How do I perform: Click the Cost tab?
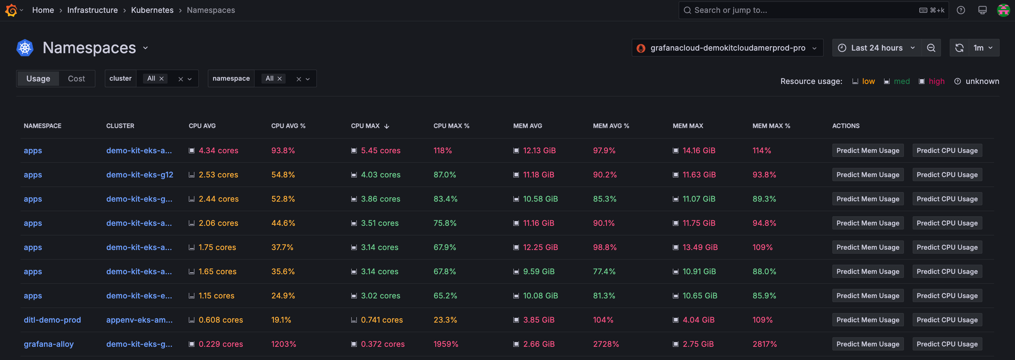pos(76,79)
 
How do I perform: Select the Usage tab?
pos(38,79)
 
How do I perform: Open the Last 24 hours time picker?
pos(876,48)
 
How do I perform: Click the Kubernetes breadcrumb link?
pos(152,10)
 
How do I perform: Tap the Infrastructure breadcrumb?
pos(92,10)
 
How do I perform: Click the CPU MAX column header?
pos(365,126)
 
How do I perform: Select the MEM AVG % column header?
pos(611,126)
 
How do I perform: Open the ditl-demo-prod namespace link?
pos(52,320)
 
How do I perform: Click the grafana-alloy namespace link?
pos(49,344)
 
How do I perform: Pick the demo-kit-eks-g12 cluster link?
pos(139,175)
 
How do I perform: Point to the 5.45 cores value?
pos(380,150)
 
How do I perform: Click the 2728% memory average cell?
pos(606,344)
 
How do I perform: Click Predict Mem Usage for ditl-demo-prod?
pos(868,320)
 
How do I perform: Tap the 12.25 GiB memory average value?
pos(540,247)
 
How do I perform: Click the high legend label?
pos(936,81)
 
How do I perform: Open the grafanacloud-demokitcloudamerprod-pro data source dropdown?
pos(727,48)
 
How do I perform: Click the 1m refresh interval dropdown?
pos(983,48)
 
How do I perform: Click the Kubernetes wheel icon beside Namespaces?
pos(25,48)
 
